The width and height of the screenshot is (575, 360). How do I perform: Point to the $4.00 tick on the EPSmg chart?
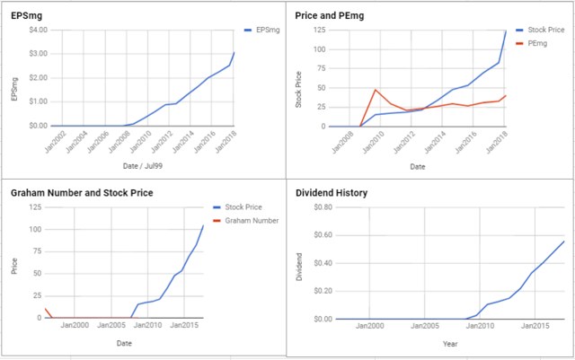[x=37, y=30]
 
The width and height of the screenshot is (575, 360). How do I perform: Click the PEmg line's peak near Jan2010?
[x=375, y=89]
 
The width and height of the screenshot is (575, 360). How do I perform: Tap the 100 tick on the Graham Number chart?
[x=34, y=229]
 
